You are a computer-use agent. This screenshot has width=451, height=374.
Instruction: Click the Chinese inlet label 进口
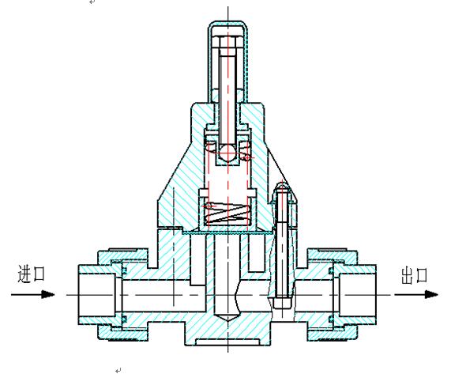click(32, 274)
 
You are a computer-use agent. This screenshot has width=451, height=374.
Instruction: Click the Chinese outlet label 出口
click(414, 276)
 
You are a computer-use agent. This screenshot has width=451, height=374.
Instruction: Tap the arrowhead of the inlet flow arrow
click(48, 295)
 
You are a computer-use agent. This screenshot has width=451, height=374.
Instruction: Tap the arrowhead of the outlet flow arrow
click(431, 295)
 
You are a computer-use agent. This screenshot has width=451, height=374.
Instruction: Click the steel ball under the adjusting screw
click(227, 152)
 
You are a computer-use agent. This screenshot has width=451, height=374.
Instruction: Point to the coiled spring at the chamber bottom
click(227, 213)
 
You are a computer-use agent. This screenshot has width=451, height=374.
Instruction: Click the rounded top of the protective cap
click(227, 24)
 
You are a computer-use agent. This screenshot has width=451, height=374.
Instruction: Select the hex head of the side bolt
click(283, 303)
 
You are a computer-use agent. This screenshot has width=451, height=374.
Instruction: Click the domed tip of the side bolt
click(283, 187)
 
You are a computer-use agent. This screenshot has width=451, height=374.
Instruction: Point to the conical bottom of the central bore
click(227, 318)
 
